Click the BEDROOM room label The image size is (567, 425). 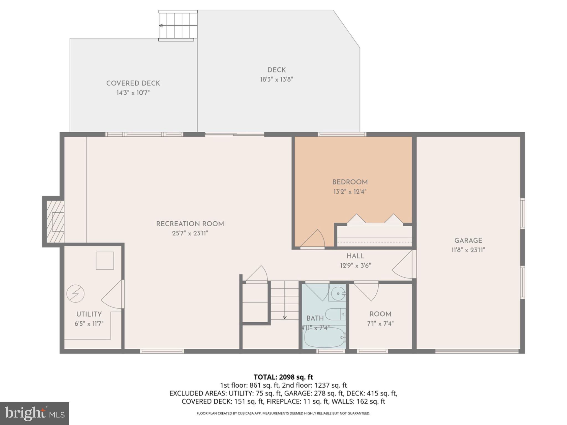350,182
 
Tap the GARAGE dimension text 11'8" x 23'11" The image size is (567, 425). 468,250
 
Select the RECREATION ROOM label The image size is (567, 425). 190,224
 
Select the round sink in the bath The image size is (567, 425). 337,293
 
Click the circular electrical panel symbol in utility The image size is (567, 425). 75,294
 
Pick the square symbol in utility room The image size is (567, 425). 105,260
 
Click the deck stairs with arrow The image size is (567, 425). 177,25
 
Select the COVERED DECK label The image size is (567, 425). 133,83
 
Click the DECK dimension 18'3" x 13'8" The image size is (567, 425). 276,80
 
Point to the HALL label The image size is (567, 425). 355,256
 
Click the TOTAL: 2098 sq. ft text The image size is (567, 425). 283,377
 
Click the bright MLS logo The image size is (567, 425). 34,413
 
